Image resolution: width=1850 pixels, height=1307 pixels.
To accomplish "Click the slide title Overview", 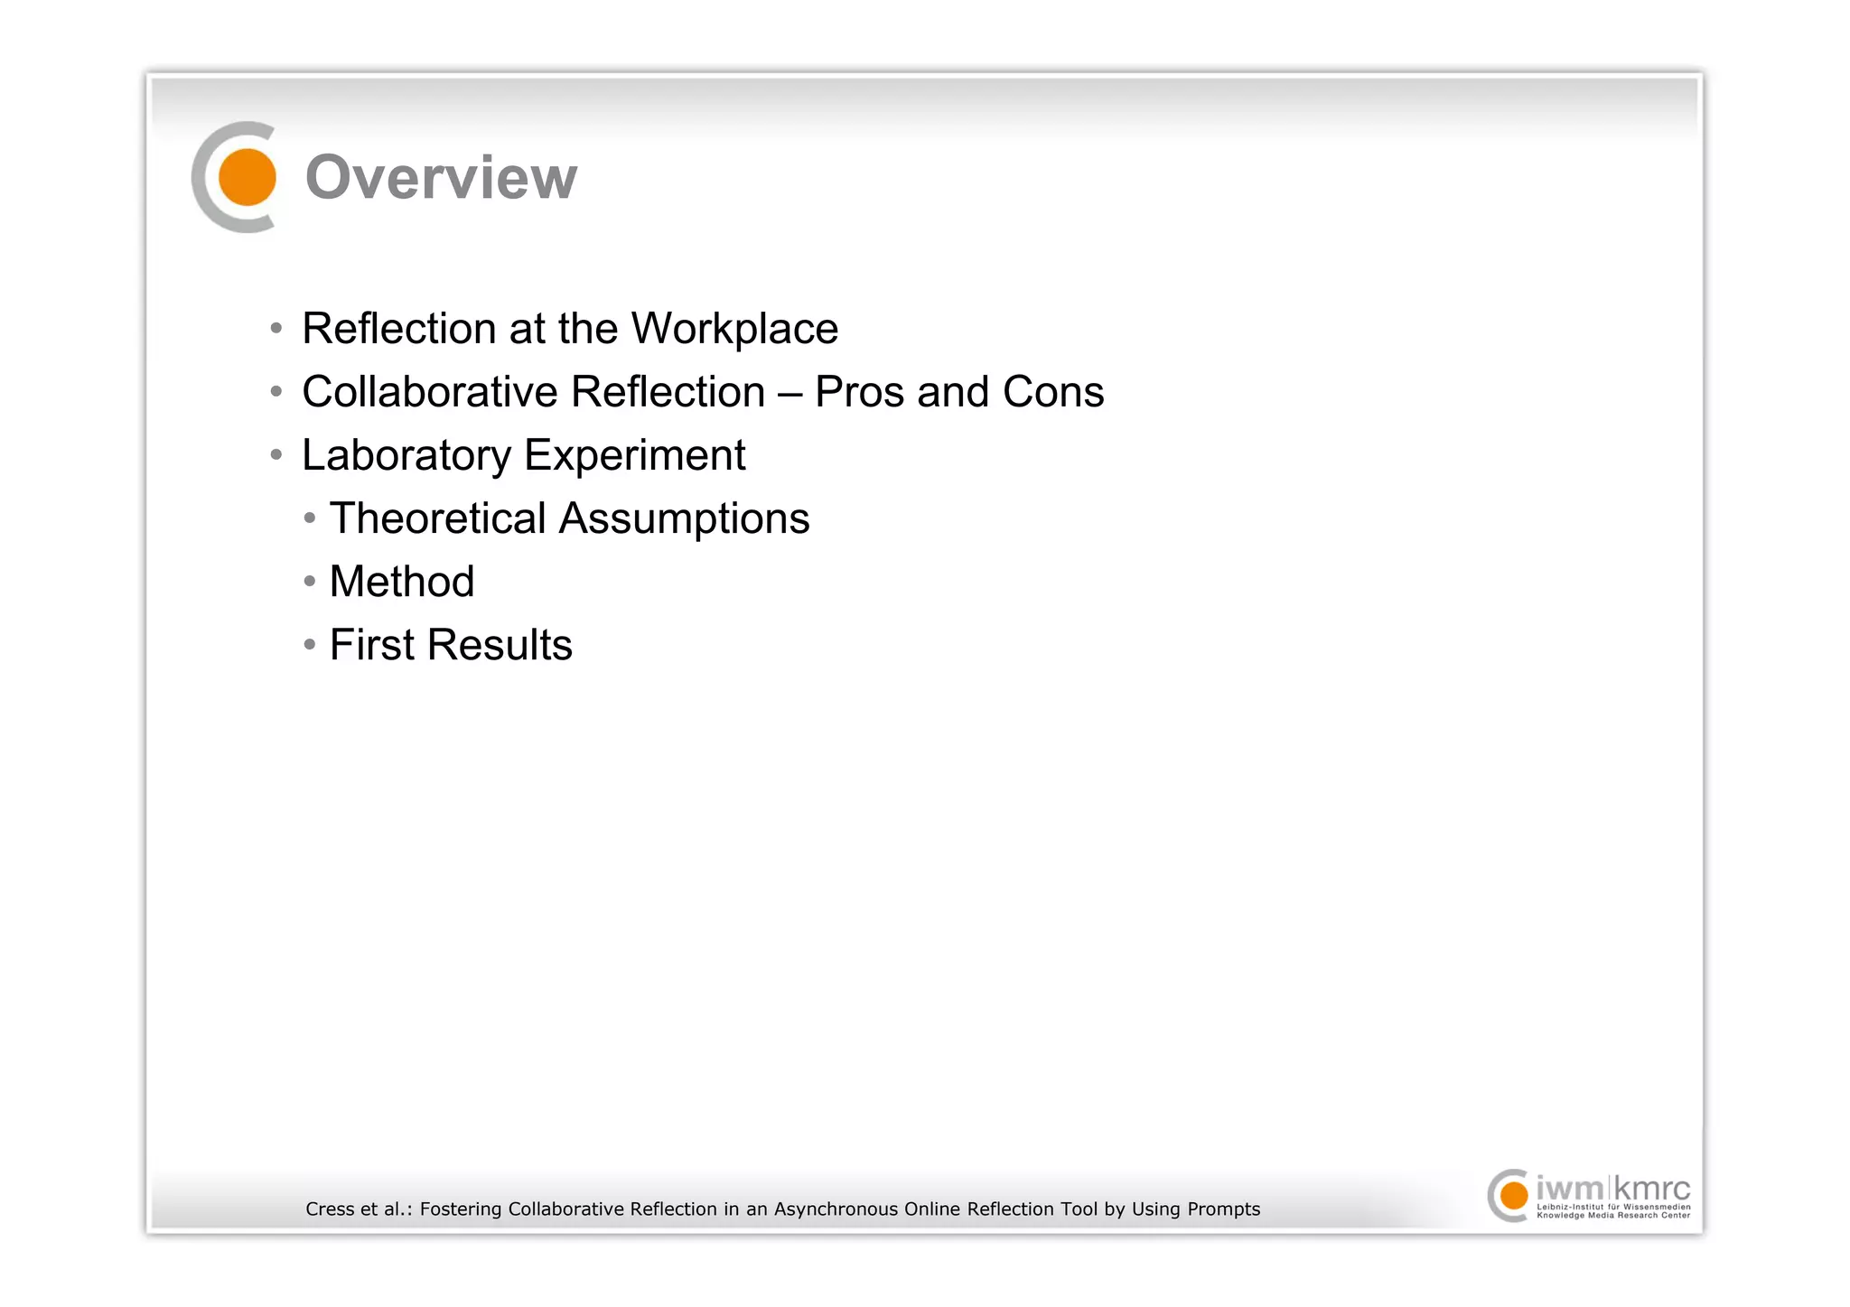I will click(x=441, y=177).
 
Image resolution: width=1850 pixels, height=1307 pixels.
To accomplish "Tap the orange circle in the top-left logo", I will click(x=247, y=177).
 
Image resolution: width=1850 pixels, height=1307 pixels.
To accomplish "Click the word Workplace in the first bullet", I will click(x=734, y=329).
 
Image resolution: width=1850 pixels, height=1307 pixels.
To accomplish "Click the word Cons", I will click(x=1052, y=392).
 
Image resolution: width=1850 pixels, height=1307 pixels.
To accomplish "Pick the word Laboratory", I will click(x=406, y=455).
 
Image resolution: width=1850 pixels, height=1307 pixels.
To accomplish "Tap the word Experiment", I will click(x=635, y=455).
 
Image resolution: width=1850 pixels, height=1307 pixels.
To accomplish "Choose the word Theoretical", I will click(x=437, y=518).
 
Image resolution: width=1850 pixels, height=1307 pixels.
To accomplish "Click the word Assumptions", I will click(x=684, y=518).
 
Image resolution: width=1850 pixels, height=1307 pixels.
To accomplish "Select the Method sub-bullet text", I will click(x=402, y=582).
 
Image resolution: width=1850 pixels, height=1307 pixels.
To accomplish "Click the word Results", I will click(x=500, y=645).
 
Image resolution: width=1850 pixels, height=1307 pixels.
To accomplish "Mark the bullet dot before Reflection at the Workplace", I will click(x=276, y=327).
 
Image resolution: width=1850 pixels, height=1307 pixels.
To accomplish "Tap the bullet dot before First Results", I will click(x=310, y=644).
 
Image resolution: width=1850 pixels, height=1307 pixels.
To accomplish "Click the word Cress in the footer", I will click(x=329, y=1209).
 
